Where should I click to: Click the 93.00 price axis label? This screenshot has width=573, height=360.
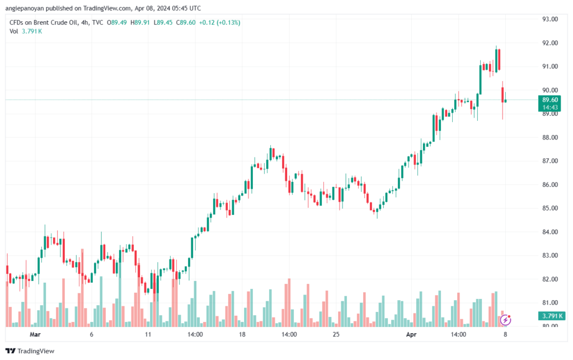(x=551, y=19)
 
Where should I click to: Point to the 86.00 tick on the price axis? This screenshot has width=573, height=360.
(x=551, y=185)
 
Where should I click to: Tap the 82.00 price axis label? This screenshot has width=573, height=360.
(x=551, y=279)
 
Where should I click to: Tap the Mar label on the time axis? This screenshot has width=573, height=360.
(x=36, y=334)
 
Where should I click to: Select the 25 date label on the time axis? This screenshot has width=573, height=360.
(x=336, y=334)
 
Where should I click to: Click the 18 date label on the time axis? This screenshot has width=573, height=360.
(x=242, y=334)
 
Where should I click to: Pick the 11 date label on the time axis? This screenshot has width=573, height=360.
(x=148, y=334)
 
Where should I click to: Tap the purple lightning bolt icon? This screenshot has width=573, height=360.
(x=506, y=320)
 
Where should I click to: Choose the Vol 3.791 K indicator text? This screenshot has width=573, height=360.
(x=26, y=31)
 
